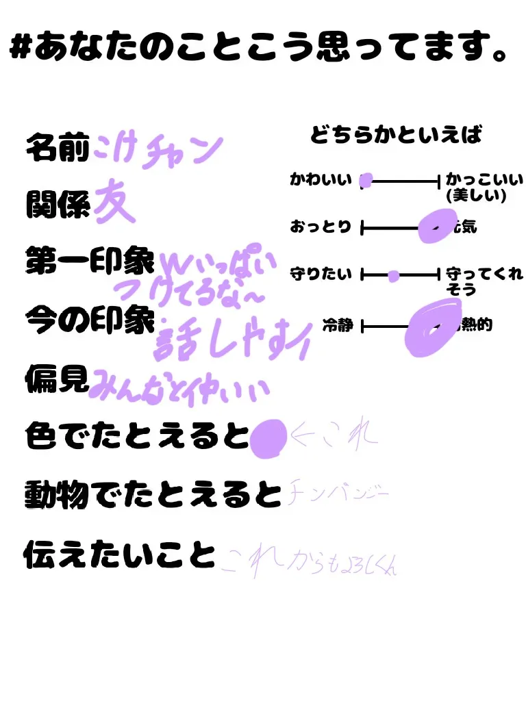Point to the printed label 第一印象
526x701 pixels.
(88, 261)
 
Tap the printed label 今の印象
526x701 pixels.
(88, 318)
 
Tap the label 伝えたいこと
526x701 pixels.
(119, 555)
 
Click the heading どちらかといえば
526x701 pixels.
(395, 135)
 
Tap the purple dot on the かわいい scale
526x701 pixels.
(366, 181)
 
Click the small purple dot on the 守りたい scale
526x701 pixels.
(393, 276)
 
